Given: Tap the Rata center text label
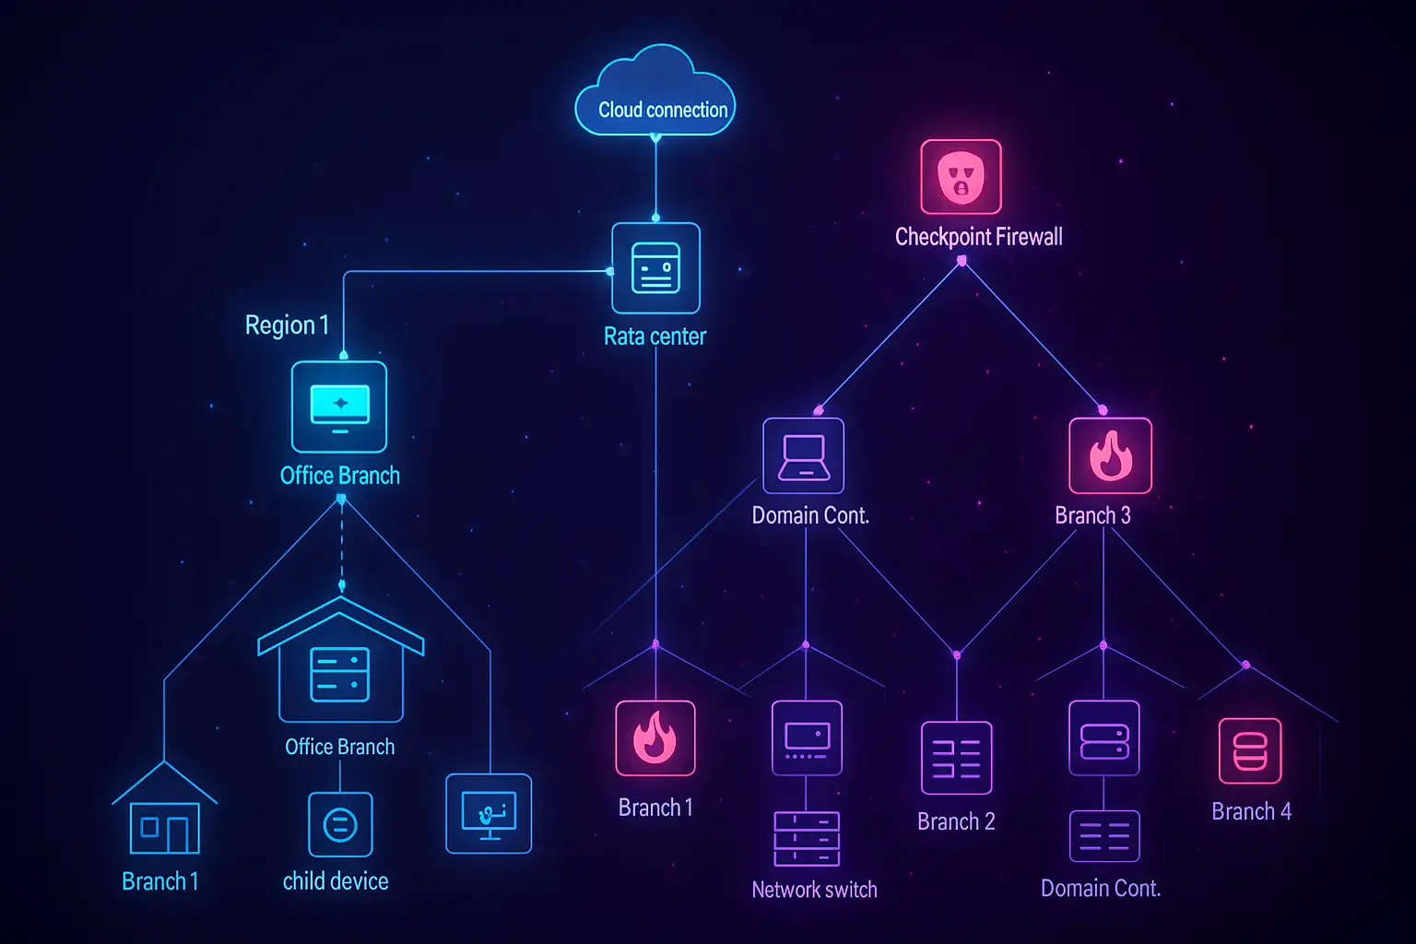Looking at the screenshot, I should (655, 336).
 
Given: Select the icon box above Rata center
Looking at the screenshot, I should (655, 268).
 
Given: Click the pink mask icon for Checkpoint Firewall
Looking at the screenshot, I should (961, 177).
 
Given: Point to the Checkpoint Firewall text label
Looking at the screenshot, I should (978, 237).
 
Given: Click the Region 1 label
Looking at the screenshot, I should (287, 325).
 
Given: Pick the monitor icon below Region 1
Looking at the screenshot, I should (339, 407).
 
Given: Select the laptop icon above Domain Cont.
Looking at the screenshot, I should (804, 456).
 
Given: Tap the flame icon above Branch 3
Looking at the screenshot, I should (1110, 456).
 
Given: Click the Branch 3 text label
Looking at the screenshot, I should (1092, 515).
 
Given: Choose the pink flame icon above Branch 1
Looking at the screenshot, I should (655, 738).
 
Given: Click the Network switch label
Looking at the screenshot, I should (814, 890).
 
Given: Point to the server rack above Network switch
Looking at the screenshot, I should (807, 839).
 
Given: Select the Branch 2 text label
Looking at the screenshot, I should (956, 821).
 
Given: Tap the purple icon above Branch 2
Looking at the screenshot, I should (957, 758).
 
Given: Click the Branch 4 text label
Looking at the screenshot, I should (1251, 811).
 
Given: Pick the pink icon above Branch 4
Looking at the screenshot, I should (1250, 750).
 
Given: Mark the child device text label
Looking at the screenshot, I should (336, 881).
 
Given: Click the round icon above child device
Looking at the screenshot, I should (340, 824).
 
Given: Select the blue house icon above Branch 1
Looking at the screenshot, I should (164, 812).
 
